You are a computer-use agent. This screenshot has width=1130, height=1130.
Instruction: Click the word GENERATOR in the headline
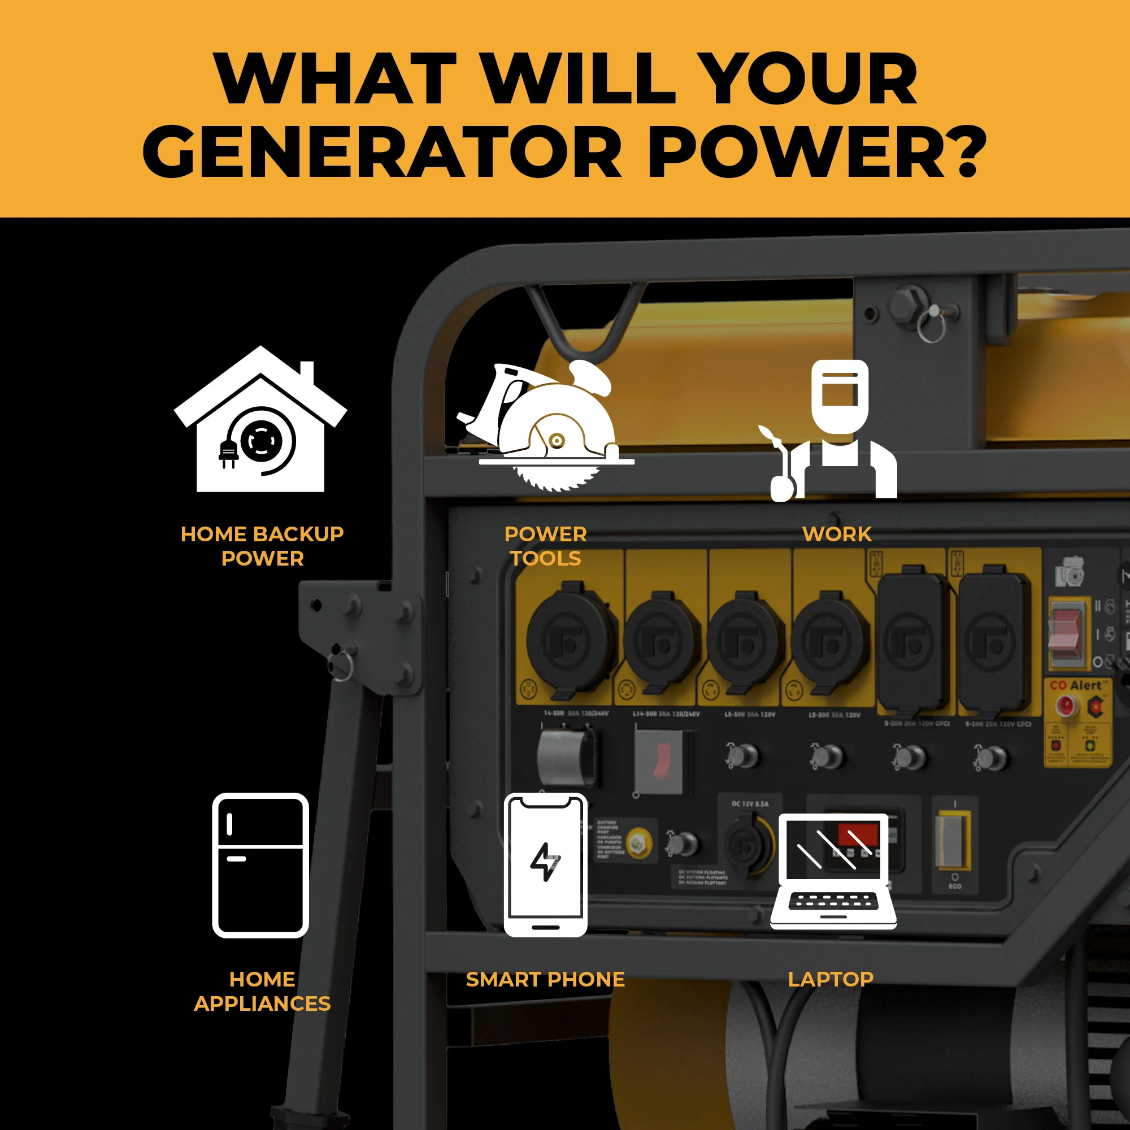click(x=382, y=153)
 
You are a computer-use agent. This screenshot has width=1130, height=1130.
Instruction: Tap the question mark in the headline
click(x=966, y=153)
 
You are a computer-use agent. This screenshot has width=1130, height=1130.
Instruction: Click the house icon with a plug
click(x=260, y=421)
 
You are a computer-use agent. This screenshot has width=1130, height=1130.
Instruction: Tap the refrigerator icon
click(x=260, y=865)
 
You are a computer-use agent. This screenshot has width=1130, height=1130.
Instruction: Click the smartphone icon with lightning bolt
click(x=545, y=865)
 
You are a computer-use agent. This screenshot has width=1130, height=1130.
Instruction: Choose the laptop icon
click(x=833, y=871)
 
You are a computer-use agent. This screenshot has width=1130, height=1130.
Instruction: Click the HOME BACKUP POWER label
click(x=262, y=546)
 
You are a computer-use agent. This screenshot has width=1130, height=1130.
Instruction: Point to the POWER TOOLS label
click(x=545, y=546)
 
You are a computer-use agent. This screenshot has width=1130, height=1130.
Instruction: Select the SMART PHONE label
click(x=545, y=979)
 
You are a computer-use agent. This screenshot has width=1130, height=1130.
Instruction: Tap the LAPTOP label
click(x=831, y=979)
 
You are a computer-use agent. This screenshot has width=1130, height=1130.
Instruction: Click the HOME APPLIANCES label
click(x=262, y=992)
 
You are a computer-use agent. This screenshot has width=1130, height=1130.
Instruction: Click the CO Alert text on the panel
click(x=1075, y=685)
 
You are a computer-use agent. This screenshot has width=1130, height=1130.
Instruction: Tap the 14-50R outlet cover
click(x=570, y=641)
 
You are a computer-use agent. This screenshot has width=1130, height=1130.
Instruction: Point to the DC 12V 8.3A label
click(x=750, y=803)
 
